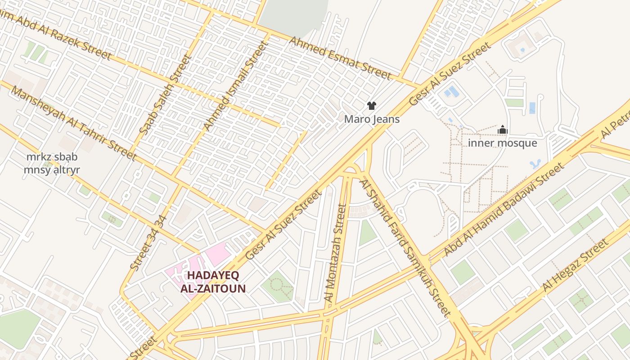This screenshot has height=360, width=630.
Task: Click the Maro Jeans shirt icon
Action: click(371, 106)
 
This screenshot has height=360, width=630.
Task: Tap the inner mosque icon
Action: click(503, 130)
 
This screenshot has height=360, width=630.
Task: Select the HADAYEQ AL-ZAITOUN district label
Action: click(213, 282)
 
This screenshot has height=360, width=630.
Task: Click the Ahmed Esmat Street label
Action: click(340, 58)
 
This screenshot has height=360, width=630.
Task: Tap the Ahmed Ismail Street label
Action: click(235, 85)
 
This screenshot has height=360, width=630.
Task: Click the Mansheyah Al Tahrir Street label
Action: click(73, 123)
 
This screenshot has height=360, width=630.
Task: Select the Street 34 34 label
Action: click(149, 243)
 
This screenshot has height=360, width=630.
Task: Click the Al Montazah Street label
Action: click(336, 252)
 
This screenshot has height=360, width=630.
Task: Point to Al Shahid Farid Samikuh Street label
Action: click(405, 247)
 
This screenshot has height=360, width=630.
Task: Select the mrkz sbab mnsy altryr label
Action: click(52, 163)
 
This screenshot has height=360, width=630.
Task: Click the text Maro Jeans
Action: click(372, 119)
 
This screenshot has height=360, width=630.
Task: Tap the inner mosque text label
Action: click(503, 143)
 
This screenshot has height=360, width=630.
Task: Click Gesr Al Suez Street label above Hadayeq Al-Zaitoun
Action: click(283, 225)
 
